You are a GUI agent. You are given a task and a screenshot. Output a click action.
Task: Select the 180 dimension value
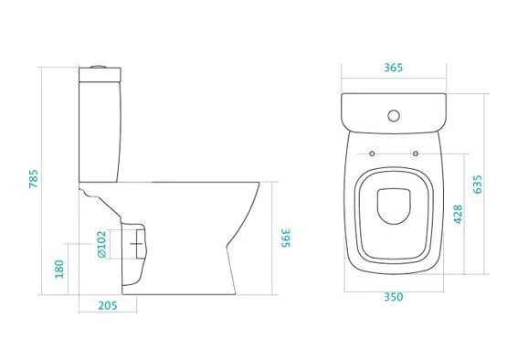point(59,270)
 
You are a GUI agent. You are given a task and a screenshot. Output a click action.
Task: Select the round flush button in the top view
point(395,115)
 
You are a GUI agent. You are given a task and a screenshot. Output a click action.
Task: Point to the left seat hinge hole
point(375,154)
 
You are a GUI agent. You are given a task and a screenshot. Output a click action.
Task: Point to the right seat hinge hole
point(415,154)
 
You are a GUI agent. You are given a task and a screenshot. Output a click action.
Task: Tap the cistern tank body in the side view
point(100,128)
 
